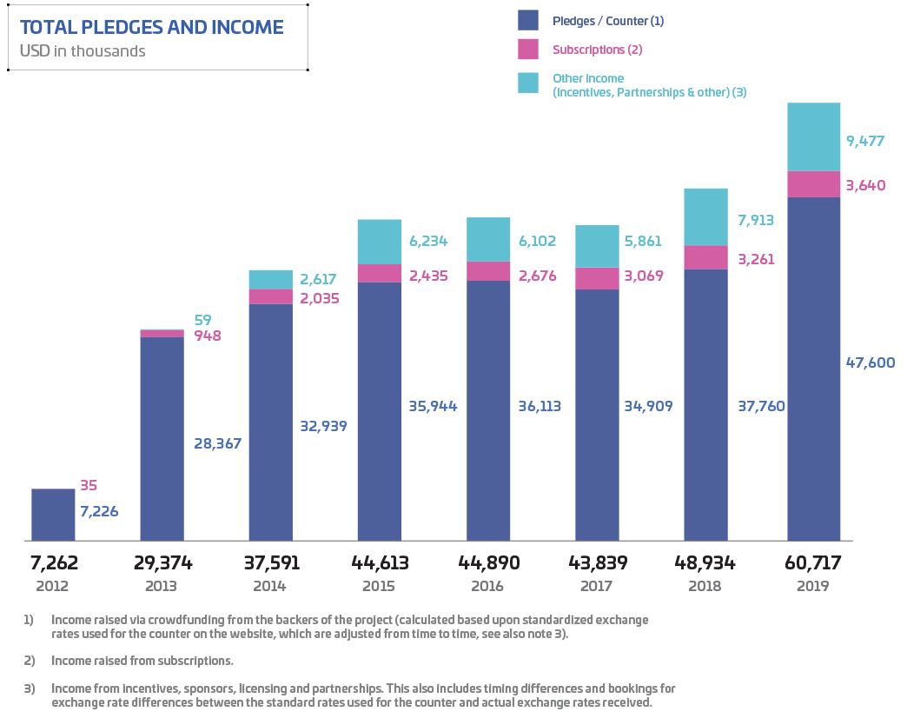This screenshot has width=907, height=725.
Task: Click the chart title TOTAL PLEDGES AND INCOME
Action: coord(151,27)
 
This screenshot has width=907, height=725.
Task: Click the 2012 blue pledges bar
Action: coord(53,515)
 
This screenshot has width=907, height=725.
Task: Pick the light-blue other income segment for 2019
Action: coord(813,137)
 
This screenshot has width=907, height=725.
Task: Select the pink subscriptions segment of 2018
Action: coord(705,257)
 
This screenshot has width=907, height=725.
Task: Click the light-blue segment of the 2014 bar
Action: coord(270,279)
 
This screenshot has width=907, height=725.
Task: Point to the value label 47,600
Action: coord(870,362)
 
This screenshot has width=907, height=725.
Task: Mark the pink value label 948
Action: coord(207,335)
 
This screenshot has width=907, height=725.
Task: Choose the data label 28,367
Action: coord(216,443)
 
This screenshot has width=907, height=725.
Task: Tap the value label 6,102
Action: coord(539,242)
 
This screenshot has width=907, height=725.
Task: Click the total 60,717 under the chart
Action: coord(813,563)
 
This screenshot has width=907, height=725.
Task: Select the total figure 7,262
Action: coord(53,563)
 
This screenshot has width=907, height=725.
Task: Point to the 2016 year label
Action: coord(487,586)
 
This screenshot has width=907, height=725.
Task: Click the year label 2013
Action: coord(162,586)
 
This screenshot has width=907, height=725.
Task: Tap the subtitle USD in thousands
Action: coord(83,51)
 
